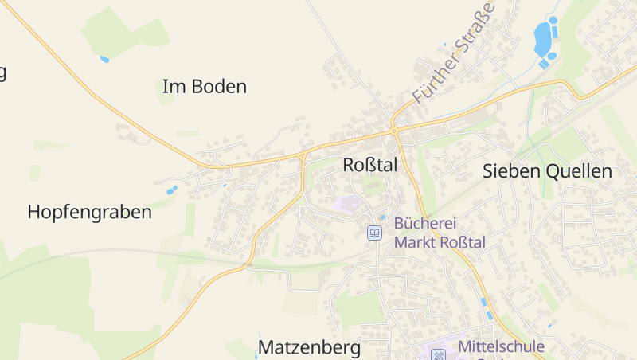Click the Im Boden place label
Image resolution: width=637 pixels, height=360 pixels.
[x=205, y=87]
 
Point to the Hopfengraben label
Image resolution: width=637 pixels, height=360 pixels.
[x=89, y=213]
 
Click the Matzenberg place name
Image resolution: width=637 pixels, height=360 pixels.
[x=309, y=348]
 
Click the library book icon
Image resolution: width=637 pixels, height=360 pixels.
[x=374, y=233]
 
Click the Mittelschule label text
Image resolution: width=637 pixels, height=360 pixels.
[x=501, y=346]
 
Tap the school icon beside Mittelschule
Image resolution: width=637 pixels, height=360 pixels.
[x=439, y=354]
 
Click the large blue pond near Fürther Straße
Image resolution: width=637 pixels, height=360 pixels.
[x=542, y=36]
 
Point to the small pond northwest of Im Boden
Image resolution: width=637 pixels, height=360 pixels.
[x=104, y=59]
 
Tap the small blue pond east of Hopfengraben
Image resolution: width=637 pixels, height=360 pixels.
[x=172, y=190]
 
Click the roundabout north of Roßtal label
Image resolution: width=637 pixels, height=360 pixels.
[x=394, y=130]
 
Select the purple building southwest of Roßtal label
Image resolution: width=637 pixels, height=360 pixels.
[x=348, y=205]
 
